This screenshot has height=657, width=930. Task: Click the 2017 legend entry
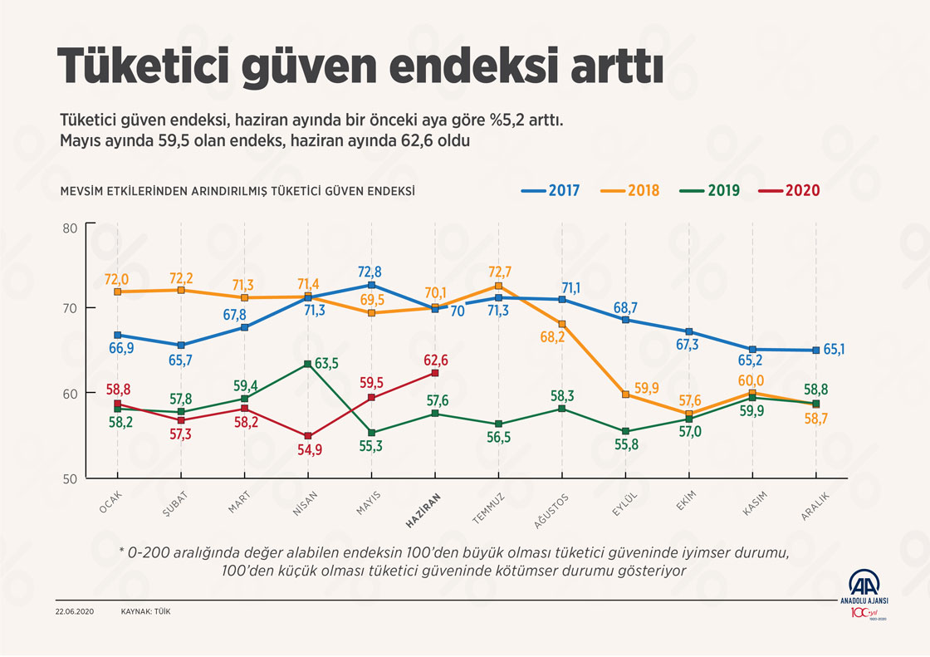[550, 190]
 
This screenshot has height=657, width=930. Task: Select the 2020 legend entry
[790, 190]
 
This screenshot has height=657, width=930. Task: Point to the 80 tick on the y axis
[69, 228]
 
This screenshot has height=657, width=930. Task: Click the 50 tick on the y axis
[69, 479]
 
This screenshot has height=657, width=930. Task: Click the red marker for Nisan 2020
[308, 436]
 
